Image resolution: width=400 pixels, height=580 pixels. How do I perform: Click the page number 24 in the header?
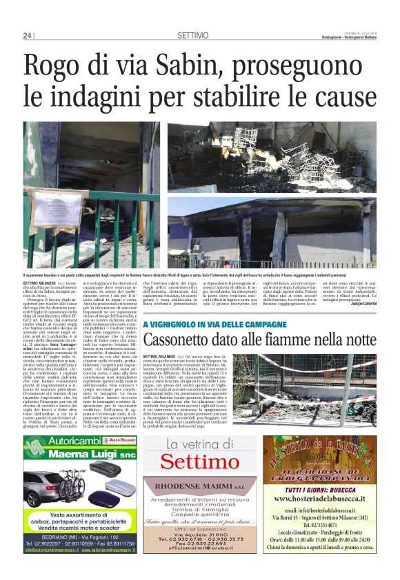click(27, 35)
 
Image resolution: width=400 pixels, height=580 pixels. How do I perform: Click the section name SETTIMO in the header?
click(193, 35)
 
